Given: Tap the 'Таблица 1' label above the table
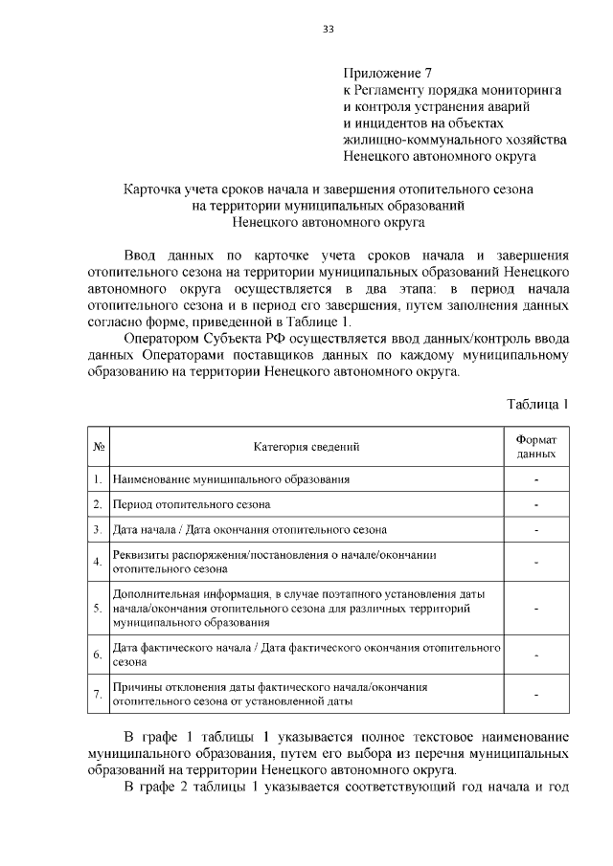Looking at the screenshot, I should tap(537, 404).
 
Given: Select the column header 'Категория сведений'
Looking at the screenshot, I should tap(306, 446).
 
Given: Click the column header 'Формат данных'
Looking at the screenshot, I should tap(536, 446).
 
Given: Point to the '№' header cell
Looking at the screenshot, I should tap(99, 446).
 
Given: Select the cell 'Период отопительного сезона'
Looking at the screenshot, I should tap(192, 503).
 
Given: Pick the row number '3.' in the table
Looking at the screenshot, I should tap(99, 529).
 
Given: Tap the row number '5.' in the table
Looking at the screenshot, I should tap(99, 608).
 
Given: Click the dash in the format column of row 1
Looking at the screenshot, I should tap(536, 477).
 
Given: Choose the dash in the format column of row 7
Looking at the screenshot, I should tap(536, 694).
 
